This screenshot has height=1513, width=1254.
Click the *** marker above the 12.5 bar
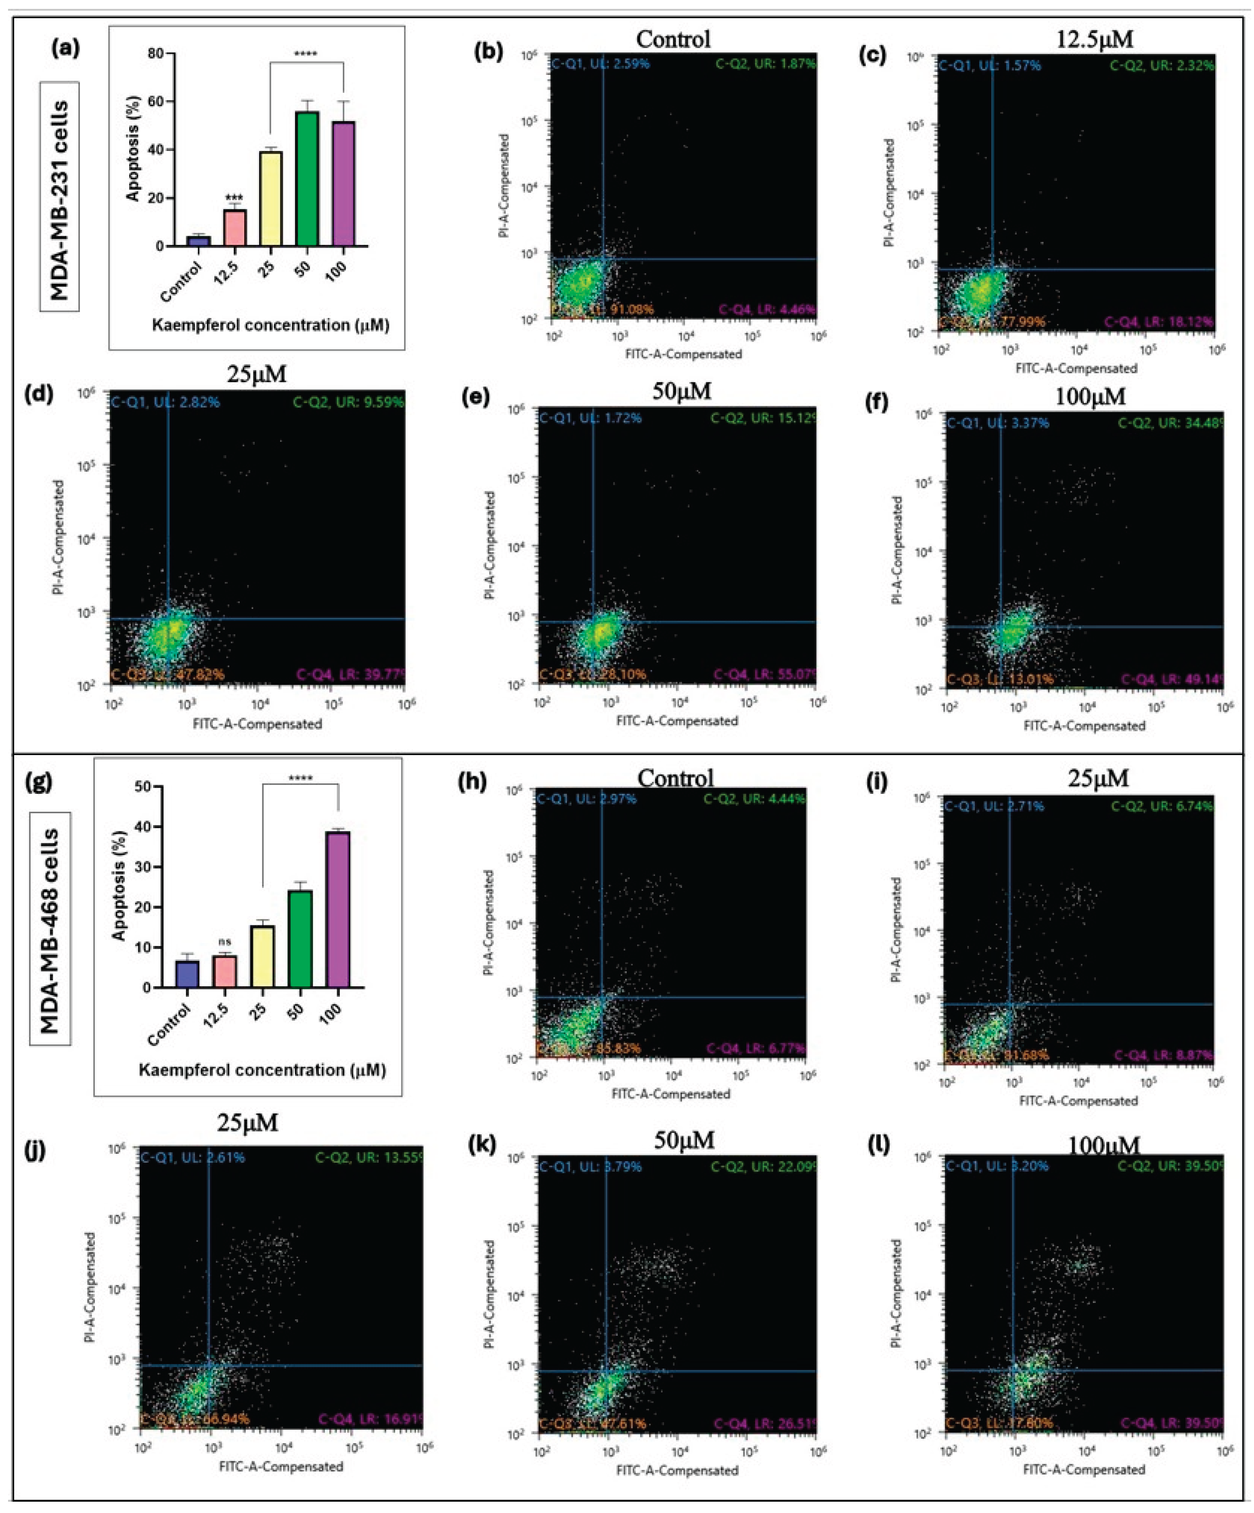[234, 197]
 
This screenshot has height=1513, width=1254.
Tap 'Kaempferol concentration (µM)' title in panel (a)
[270, 325]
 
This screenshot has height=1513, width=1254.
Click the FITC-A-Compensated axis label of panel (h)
[670, 1094]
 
